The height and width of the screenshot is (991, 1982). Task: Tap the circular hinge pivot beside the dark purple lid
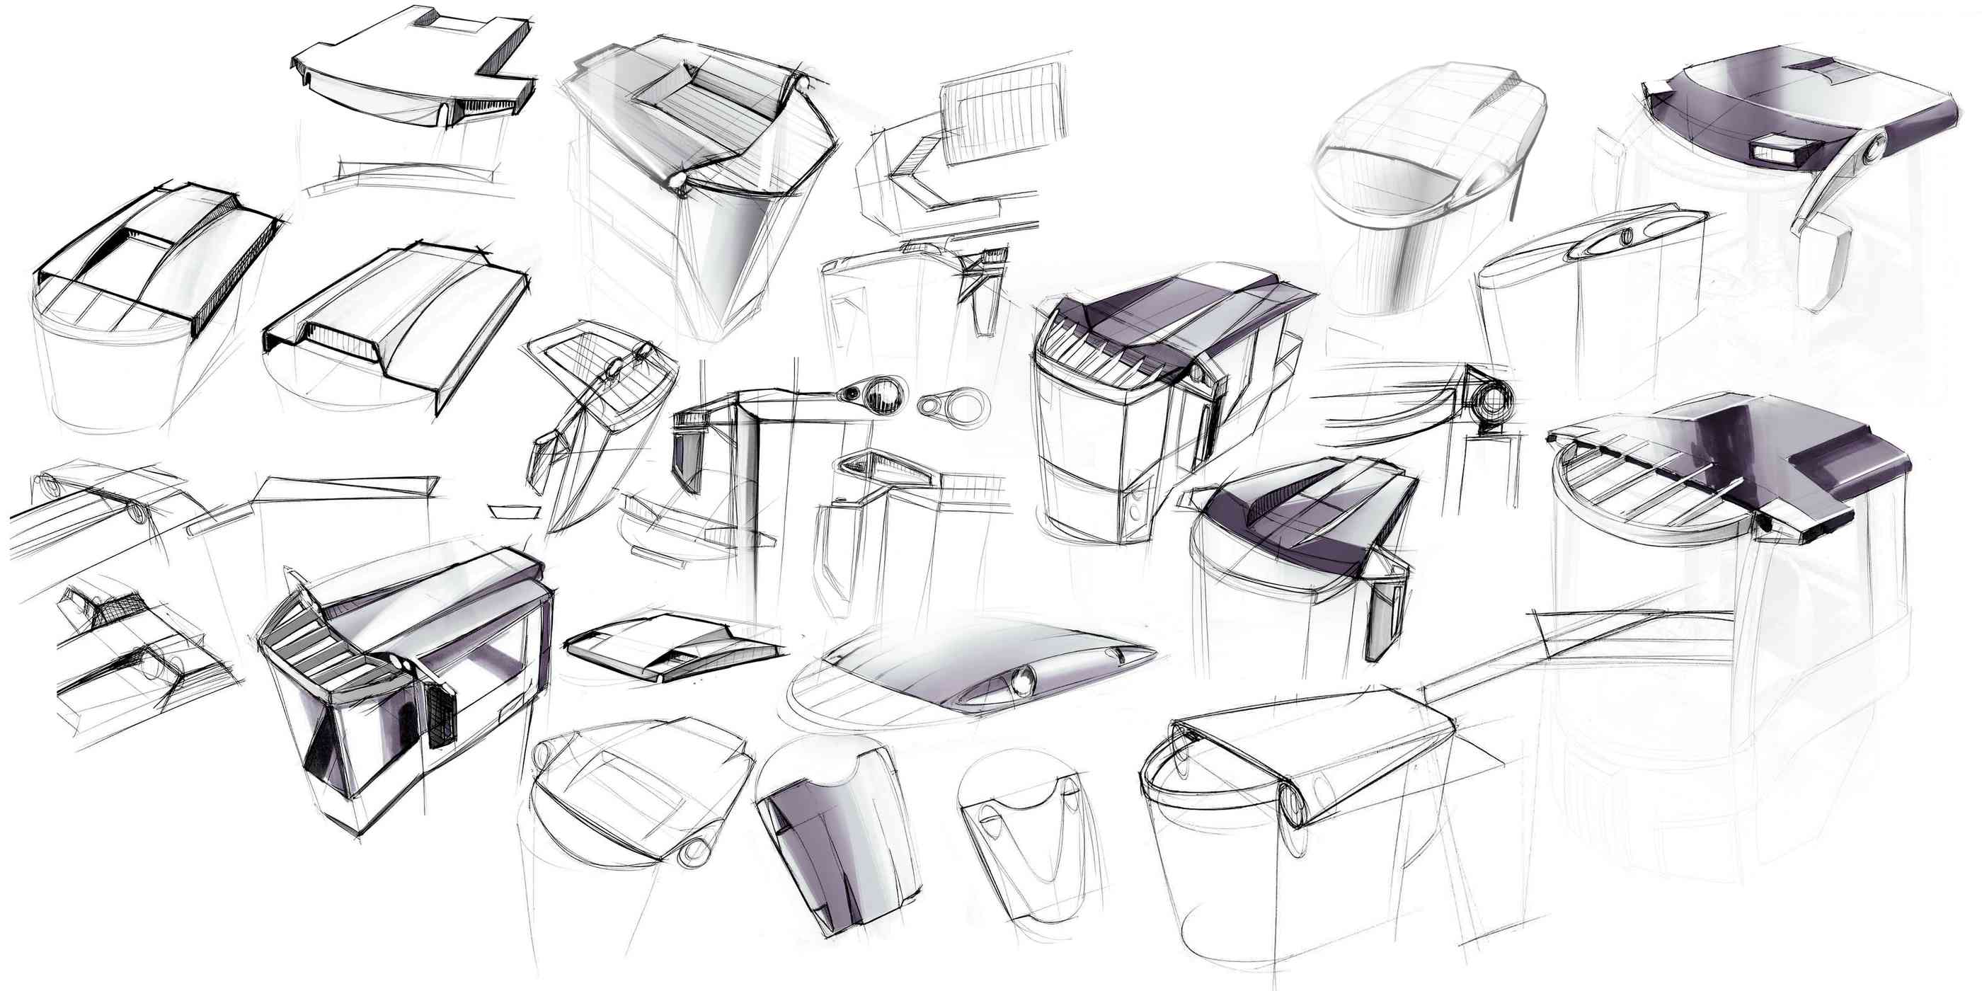(x=1872, y=149)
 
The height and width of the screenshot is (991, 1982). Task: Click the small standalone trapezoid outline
(x=513, y=512)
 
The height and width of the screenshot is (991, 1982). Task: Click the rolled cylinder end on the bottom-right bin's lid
(x=1295, y=805)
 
